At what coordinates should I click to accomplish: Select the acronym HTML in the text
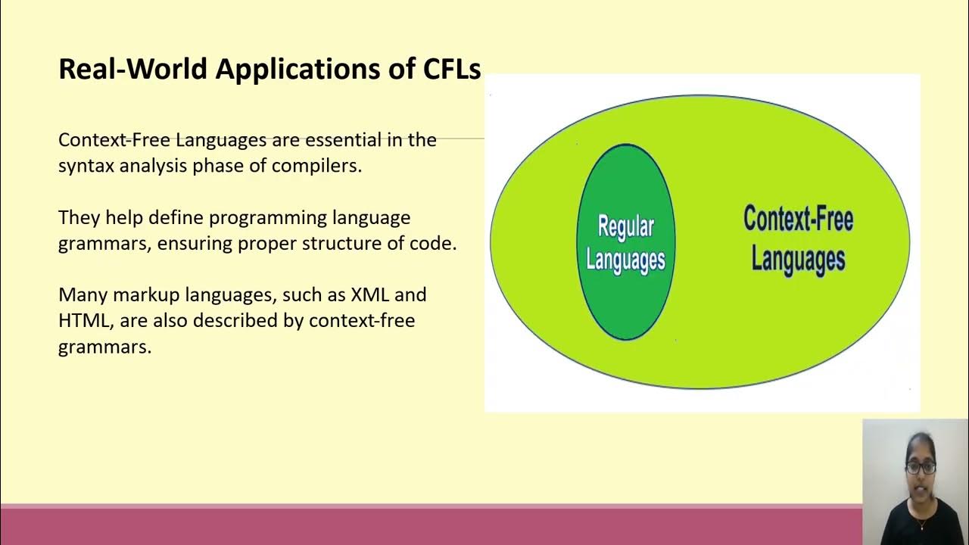click(x=83, y=320)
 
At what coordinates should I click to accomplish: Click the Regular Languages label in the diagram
click(x=625, y=242)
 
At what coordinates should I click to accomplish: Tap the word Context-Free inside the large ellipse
click(x=798, y=220)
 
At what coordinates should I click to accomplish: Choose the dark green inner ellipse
click(x=625, y=303)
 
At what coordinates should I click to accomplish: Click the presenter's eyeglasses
click(x=921, y=467)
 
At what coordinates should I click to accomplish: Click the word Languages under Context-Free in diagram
click(x=798, y=259)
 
